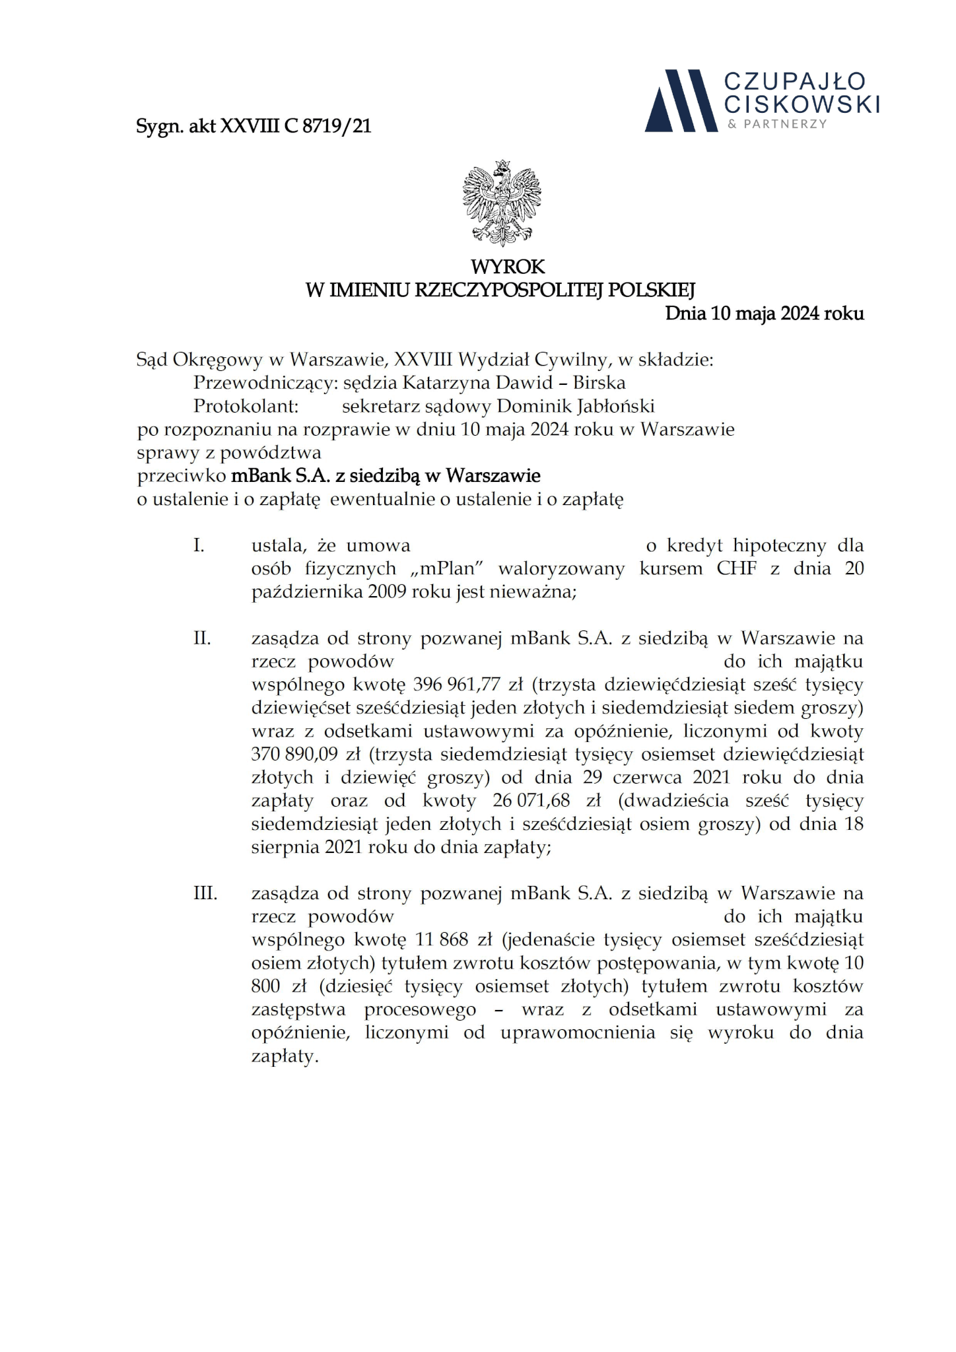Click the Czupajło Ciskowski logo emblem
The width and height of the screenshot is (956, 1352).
click(680, 100)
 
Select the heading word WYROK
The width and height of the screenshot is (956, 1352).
click(508, 267)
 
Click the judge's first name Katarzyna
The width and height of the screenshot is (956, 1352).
click(448, 383)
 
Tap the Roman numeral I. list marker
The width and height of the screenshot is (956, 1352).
click(199, 546)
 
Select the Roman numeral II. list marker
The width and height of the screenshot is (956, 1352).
click(202, 638)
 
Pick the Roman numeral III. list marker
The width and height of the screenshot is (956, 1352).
click(205, 893)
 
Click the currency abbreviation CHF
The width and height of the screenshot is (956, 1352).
click(736, 569)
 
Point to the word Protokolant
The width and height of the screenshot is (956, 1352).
click(246, 406)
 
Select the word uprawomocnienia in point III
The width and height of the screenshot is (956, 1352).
click(578, 1032)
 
